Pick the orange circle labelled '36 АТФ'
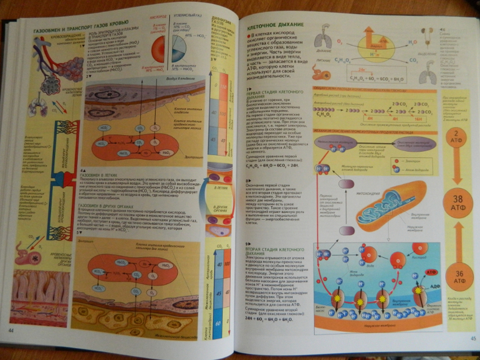[459, 277]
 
